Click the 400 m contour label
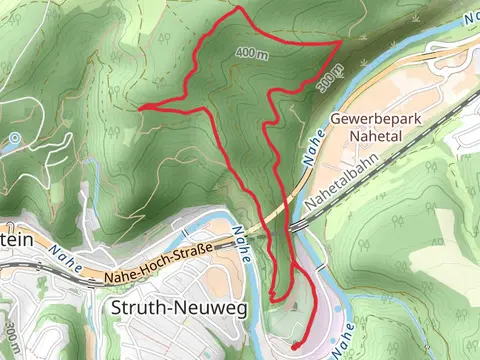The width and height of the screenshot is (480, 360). coord(253,52)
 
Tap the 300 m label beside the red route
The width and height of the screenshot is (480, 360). coord(331,79)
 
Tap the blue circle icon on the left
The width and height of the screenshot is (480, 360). coord(14,137)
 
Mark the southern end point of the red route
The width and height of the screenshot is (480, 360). coord(294,346)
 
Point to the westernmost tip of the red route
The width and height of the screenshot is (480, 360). coord(140,107)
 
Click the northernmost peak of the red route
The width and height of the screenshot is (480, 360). coord(241,10)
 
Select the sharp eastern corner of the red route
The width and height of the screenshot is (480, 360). coord(340,44)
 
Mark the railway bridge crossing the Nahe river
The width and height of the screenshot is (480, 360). coord(296,228)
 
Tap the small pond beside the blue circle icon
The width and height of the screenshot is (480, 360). coord(5,147)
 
